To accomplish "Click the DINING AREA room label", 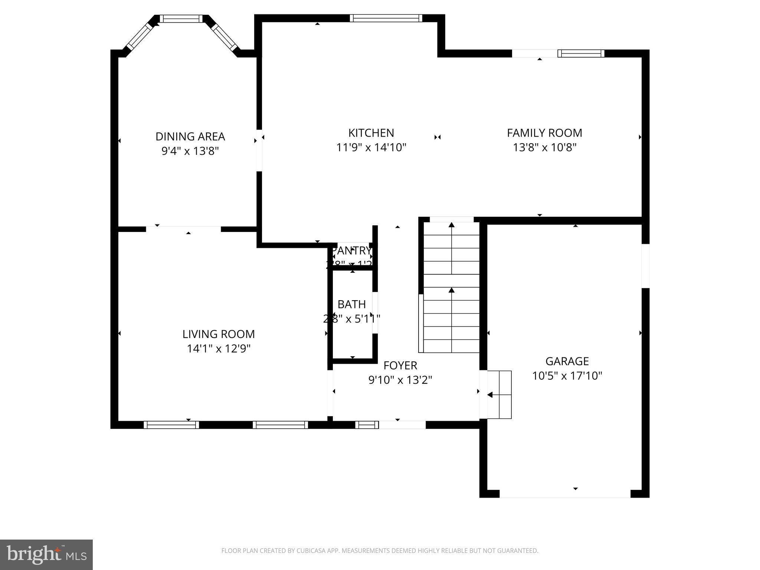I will (x=190, y=137).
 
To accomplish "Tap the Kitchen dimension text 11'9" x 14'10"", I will (x=371, y=148).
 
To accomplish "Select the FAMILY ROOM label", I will (x=544, y=133).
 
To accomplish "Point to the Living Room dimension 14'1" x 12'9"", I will (x=219, y=349).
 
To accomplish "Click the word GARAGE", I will (x=567, y=361).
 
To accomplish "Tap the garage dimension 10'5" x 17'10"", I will (x=567, y=376).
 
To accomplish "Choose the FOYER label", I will (x=400, y=366).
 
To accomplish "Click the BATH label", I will (x=351, y=304).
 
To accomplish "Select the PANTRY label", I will (x=351, y=251).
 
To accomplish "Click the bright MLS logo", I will (x=46, y=554).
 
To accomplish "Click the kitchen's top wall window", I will (x=386, y=18).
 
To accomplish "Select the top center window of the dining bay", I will (x=181, y=19).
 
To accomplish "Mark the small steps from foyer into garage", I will (x=500, y=394).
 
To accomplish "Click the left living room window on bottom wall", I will (x=171, y=425).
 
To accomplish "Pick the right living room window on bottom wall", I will (x=280, y=425).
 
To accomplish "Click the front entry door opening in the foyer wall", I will (x=402, y=425).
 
